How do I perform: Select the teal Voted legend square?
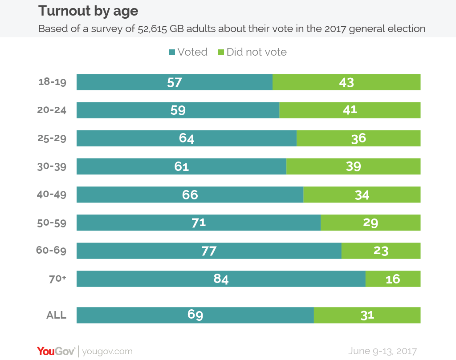pos(171,53)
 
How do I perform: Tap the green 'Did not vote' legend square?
pos(221,53)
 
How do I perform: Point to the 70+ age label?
pos(57,279)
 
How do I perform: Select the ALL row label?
pos(57,315)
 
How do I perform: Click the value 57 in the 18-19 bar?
pos(174,82)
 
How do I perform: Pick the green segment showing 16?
pos(393,279)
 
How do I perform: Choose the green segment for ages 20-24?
pos(350,110)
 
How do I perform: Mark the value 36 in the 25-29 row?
pos(358,138)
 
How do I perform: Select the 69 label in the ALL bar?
pos(195,315)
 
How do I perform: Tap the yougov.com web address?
pos(107,351)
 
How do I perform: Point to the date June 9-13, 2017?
pos(383,351)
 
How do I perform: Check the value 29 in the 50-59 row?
pos(370,223)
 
